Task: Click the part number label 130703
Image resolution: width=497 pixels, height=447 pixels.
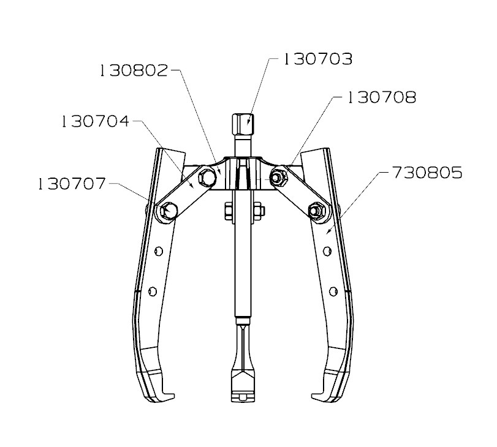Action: (x=317, y=59)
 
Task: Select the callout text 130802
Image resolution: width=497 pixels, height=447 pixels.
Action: (x=133, y=70)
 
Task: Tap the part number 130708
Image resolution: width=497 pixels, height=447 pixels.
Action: (x=381, y=97)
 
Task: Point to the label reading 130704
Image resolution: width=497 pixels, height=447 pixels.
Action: (x=95, y=121)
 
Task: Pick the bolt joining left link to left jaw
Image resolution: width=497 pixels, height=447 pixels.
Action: (x=167, y=211)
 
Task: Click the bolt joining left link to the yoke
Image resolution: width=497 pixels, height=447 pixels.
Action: (x=207, y=178)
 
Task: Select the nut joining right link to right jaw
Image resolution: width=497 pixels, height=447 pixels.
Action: (x=316, y=211)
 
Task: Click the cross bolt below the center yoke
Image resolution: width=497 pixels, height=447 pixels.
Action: (x=243, y=211)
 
